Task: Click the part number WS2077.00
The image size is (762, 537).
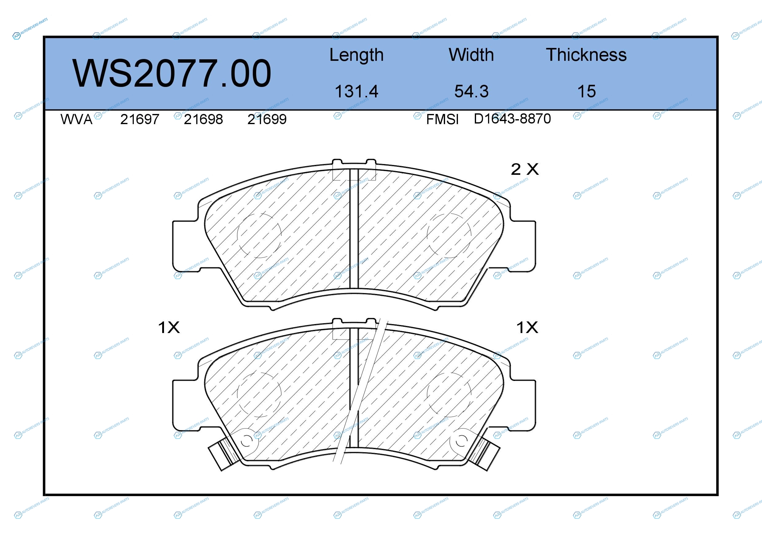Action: point(172,73)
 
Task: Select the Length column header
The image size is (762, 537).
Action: point(357,55)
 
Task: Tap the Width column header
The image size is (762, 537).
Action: point(471,55)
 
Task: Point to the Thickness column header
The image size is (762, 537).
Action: point(586,55)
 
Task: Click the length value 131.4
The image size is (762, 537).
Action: point(357,91)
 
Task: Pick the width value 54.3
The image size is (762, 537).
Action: point(471,91)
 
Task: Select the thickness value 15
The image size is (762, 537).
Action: point(586,91)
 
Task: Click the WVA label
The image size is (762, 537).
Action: point(76,120)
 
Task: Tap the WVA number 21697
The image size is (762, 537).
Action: point(140,120)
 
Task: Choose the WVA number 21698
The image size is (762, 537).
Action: point(203,120)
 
